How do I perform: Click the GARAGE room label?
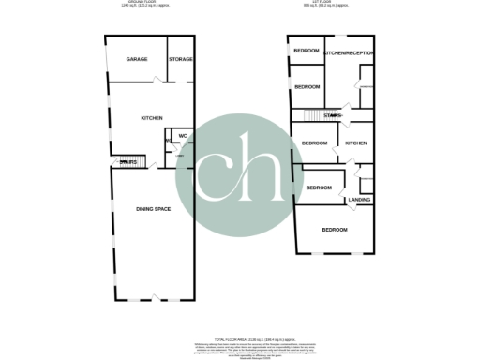tap(138, 59)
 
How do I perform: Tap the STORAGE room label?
tap(181, 59)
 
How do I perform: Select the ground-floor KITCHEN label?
tap(152, 118)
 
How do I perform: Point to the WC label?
tap(184, 136)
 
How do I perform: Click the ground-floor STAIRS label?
tap(128, 163)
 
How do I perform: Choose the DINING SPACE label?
tap(154, 207)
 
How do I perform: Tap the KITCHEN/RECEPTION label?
tap(348, 53)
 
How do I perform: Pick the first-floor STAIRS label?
tap(333, 115)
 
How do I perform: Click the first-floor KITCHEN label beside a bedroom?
tap(356, 142)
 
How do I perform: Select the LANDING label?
tap(359, 200)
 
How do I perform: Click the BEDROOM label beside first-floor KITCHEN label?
tap(314, 142)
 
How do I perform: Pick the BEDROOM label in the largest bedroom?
tap(335, 230)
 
